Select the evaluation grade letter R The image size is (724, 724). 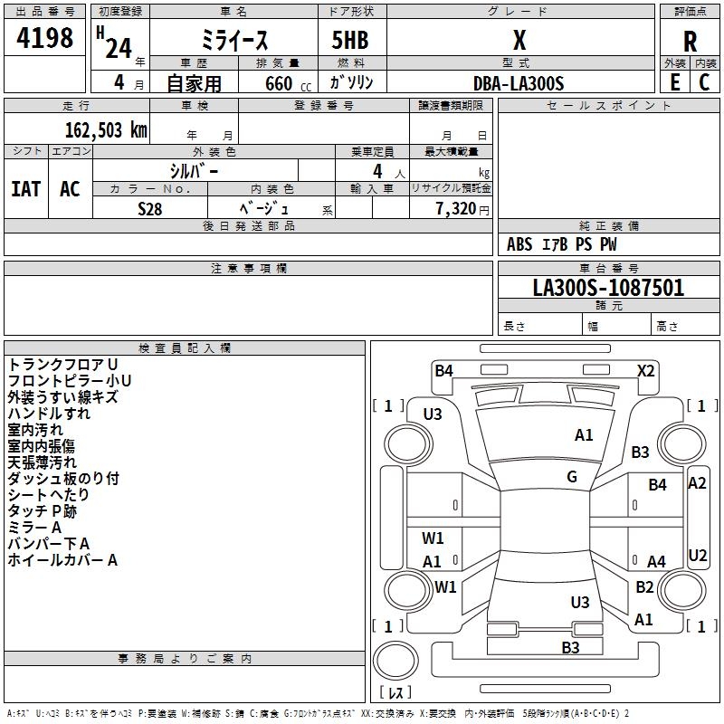point(690,42)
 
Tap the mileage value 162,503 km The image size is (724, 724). point(107,129)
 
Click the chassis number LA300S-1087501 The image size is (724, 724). point(608,288)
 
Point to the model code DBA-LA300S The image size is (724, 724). point(519,83)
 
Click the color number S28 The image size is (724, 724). point(149,208)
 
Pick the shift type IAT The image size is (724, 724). point(25,188)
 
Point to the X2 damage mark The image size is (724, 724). point(645,370)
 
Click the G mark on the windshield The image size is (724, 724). point(572,477)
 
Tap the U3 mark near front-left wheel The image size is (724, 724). point(433,414)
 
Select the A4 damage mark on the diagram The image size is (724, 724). point(656,562)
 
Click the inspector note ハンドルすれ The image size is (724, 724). point(49,414)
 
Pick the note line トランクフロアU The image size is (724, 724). point(62,364)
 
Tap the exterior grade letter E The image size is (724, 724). point(674,81)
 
